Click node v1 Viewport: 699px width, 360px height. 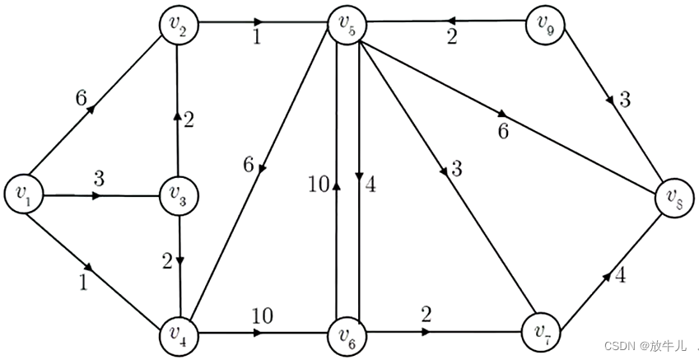tap(24, 194)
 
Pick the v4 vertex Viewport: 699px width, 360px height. tap(179, 334)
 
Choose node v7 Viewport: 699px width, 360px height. tap(541, 334)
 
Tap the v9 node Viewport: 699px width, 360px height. tap(544, 25)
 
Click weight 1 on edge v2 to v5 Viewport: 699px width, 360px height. tap(257, 39)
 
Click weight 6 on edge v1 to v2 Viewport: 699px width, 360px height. tap(81, 97)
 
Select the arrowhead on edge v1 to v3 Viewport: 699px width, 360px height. tap(96, 196)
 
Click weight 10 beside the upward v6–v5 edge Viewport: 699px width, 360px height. tap(316, 185)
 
